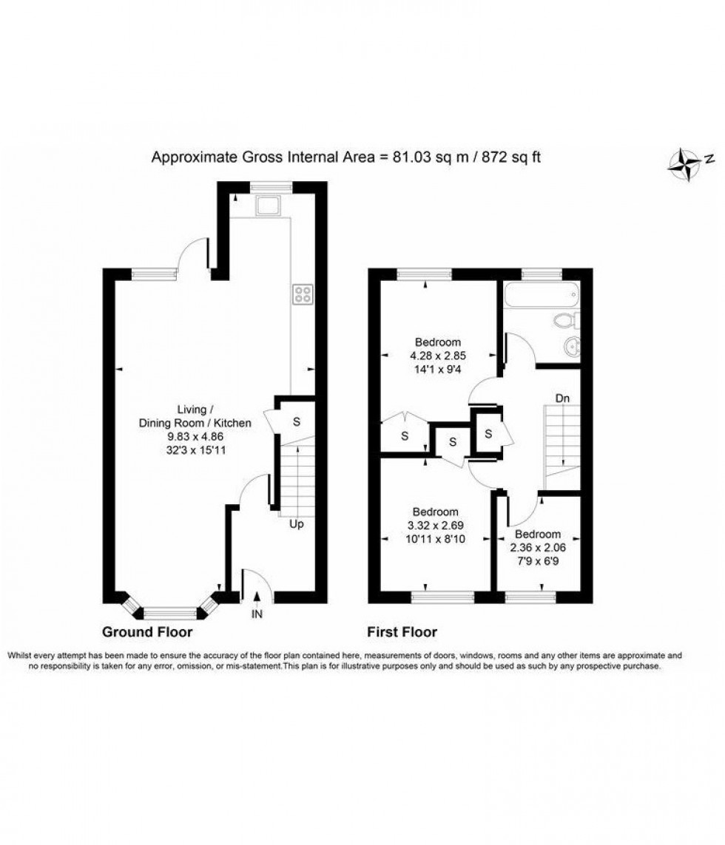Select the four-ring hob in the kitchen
(303, 294)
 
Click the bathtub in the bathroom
(539, 296)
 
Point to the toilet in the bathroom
(567, 320)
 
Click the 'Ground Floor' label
(147, 632)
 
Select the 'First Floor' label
(402, 632)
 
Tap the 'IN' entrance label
(257, 613)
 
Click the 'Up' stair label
(297, 524)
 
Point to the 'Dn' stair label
(563, 398)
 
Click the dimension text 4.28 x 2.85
(438, 355)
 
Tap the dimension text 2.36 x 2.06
(538, 547)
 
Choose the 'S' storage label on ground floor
(297, 422)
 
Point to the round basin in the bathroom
(570, 347)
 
